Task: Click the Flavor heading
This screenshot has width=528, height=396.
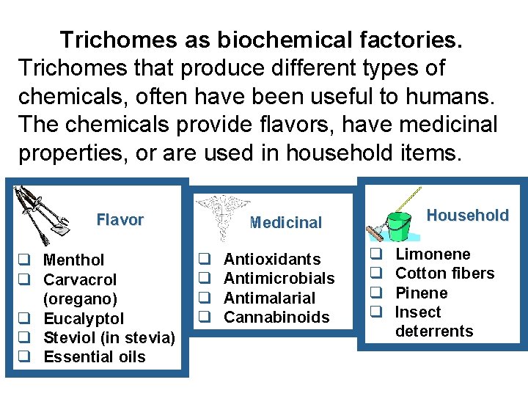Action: pyautogui.click(x=120, y=219)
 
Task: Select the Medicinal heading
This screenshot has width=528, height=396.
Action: pyautogui.click(x=285, y=223)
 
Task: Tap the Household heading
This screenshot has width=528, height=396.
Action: pyautogui.click(x=467, y=215)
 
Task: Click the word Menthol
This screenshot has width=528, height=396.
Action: pyautogui.click(x=74, y=260)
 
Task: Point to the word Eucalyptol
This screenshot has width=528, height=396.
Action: pyautogui.click(x=84, y=318)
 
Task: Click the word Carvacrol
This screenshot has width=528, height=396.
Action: pyautogui.click(x=80, y=279)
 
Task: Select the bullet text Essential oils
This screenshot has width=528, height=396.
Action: pyautogui.click(x=95, y=357)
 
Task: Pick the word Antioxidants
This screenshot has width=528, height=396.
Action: pyautogui.click(x=271, y=259)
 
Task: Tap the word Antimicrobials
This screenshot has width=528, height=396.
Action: pyautogui.click(x=279, y=279)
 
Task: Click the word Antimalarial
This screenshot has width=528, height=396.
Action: pyautogui.click(x=269, y=298)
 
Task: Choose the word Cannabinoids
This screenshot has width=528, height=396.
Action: pyautogui.click(x=276, y=318)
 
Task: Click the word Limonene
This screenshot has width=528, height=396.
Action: pyautogui.click(x=433, y=254)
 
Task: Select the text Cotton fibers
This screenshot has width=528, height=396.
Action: pyautogui.click(x=445, y=274)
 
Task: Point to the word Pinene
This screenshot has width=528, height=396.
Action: pyautogui.click(x=421, y=293)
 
